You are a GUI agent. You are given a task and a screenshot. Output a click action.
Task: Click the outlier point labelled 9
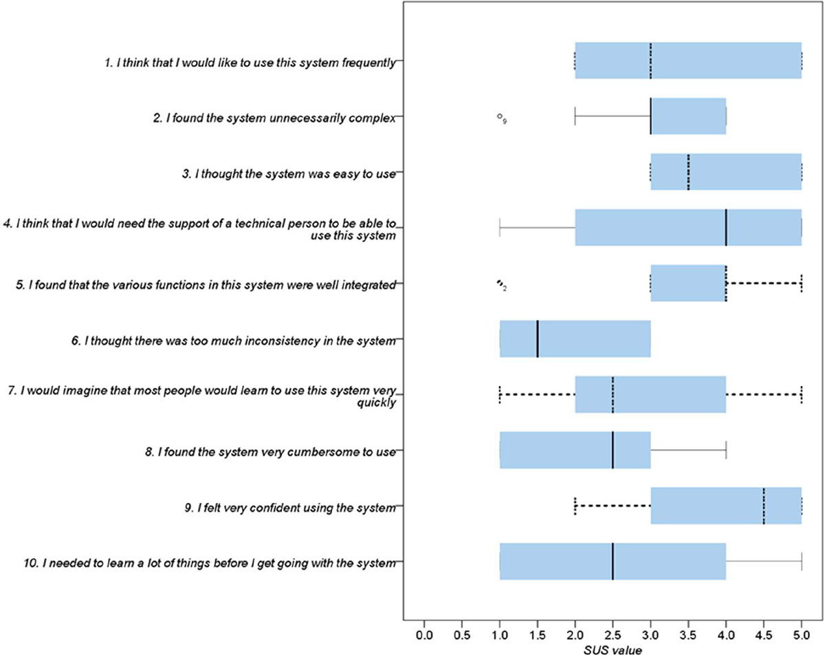click(x=500, y=117)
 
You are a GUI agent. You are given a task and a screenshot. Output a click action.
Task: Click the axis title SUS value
click(x=613, y=647)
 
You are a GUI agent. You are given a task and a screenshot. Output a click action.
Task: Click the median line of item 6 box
click(x=538, y=339)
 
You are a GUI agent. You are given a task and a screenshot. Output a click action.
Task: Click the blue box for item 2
click(x=688, y=116)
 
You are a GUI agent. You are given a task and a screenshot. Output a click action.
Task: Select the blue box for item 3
click(x=726, y=172)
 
